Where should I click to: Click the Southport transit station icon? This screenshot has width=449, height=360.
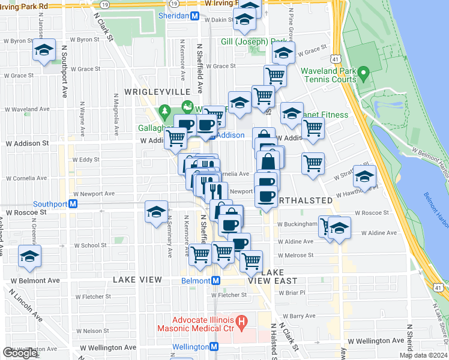pyautogui.click(x=73, y=203)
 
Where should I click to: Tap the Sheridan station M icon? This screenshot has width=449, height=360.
pyautogui.click(x=194, y=17)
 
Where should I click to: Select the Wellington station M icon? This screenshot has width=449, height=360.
pyautogui.click(x=214, y=347)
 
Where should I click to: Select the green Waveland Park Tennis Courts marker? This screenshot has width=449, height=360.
pyautogui.click(x=363, y=77)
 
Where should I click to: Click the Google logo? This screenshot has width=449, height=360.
pyautogui.click(x=20, y=353)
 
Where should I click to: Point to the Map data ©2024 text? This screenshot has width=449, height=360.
pyautogui.click(x=423, y=355)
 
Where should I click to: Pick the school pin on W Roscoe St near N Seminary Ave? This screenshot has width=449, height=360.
pyautogui.click(x=156, y=212)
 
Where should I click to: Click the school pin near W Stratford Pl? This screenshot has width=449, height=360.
pyautogui.click(x=364, y=176)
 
